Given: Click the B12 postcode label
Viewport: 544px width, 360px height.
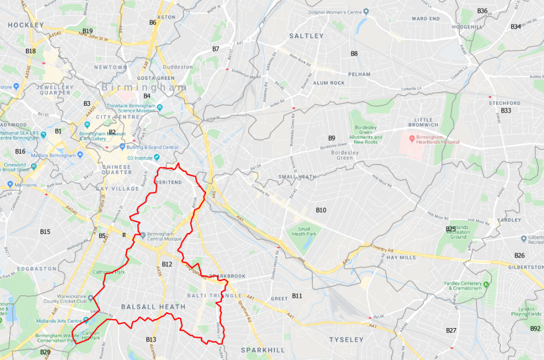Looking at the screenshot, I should tap(167, 264).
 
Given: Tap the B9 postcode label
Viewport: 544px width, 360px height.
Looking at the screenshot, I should tap(331, 138).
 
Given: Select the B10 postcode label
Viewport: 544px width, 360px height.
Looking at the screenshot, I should tap(321, 210).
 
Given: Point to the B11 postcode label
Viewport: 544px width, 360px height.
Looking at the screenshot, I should tap(297, 295).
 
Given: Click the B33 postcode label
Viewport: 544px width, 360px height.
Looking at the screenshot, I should tap(506, 110).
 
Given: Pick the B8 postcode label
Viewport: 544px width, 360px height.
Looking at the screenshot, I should tap(354, 54).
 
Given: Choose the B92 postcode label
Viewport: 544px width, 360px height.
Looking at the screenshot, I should tap(535, 329).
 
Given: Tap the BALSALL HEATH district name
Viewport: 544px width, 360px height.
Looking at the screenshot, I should tap(153, 307).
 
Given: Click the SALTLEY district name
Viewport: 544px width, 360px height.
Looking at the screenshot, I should tap(306, 36).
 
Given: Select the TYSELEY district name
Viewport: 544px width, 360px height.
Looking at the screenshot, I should tap(346, 339).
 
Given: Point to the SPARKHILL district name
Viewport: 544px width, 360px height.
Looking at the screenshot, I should tap(259, 350).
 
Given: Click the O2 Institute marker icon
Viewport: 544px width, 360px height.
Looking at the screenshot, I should tap(157, 157).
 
